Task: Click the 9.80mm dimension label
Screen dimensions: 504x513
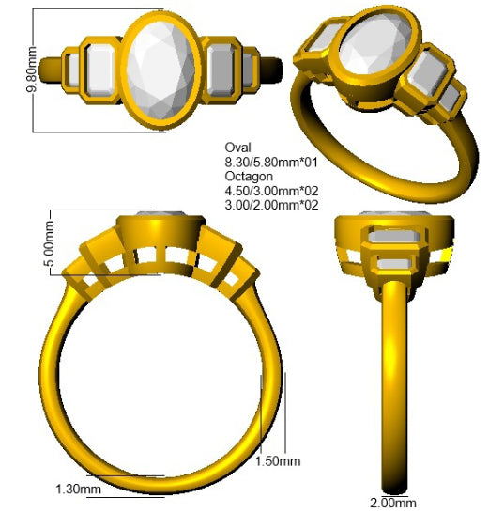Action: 32,70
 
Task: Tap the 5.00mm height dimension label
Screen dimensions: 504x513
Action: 49,243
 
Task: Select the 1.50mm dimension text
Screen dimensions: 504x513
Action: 278,461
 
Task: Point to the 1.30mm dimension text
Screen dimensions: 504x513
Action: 78,490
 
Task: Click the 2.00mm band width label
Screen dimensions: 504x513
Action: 393,503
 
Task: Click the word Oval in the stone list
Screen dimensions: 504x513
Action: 238,148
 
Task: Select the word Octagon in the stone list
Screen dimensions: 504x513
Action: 249,177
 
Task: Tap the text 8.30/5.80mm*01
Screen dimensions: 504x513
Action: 271,163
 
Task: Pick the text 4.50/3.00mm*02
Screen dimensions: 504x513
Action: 271,191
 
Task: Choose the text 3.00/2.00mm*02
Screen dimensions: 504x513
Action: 271,205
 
